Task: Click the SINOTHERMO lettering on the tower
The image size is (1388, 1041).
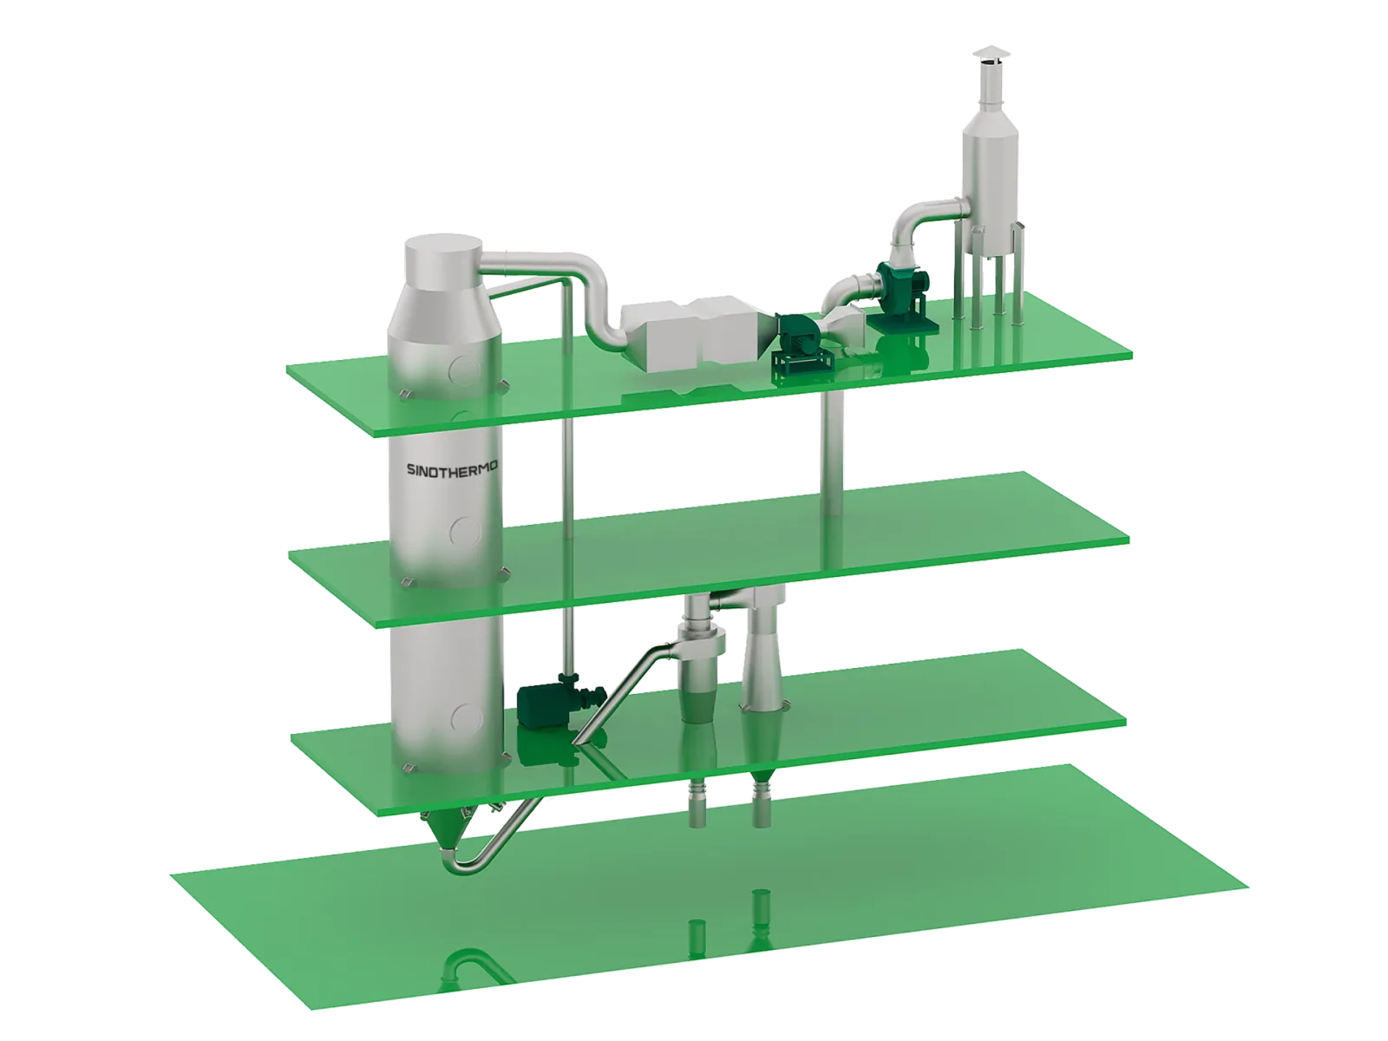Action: click(x=451, y=470)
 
